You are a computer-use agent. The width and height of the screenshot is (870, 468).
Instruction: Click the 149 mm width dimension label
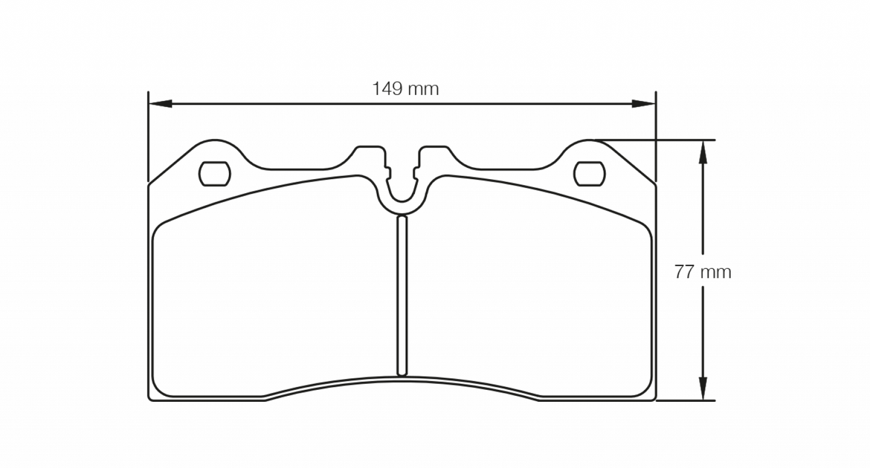[405, 89]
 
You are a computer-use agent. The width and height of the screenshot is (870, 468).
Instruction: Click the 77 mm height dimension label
[703, 272]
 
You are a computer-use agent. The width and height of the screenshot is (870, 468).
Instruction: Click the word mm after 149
[424, 89]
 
